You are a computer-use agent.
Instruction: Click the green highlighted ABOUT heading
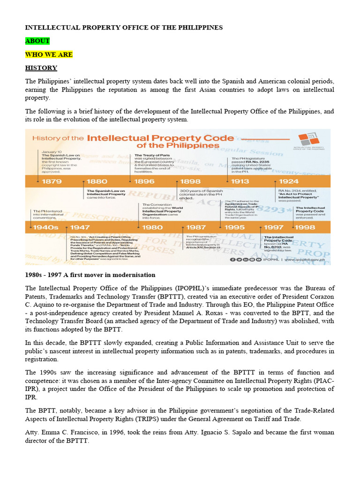[37, 41]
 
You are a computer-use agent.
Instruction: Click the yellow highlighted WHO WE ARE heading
[49, 54]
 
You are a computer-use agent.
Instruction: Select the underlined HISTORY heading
[41, 68]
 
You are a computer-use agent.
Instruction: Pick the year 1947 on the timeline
[80, 227]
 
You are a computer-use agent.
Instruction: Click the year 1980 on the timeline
[152, 227]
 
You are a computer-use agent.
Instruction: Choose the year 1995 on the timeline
[234, 227]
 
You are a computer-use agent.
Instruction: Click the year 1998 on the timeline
[305, 227]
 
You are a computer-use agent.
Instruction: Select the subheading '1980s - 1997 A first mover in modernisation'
[90, 275]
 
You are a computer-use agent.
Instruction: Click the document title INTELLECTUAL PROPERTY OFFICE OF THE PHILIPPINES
[123, 28]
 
